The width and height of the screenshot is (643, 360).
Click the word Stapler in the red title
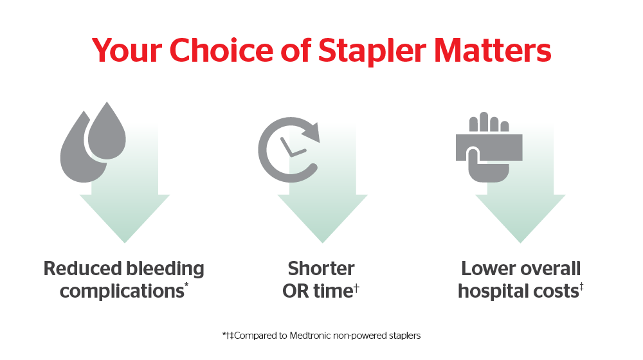(x=372, y=51)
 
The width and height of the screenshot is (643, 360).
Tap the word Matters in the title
(x=493, y=50)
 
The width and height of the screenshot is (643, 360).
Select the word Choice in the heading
(x=221, y=50)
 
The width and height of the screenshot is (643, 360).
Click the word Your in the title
(x=127, y=50)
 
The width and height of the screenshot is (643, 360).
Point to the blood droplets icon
(x=93, y=142)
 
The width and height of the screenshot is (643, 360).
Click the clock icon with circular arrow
(x=289, y=150)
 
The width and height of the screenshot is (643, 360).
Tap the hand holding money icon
(x=489, y=147)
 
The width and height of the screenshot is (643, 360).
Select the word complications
(x=122, y=292)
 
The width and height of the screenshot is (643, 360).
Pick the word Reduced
(x=83, y=269)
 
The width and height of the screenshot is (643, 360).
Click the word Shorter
(x=321, y=269)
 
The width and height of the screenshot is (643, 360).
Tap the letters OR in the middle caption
(x=296, y=291)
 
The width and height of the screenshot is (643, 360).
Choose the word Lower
(x=489, y=269)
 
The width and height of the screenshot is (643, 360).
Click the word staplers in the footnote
(x=404, y=336)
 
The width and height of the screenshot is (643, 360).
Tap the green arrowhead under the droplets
(x=125, y=217)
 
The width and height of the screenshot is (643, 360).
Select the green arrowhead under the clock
(x=322, y=217)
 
